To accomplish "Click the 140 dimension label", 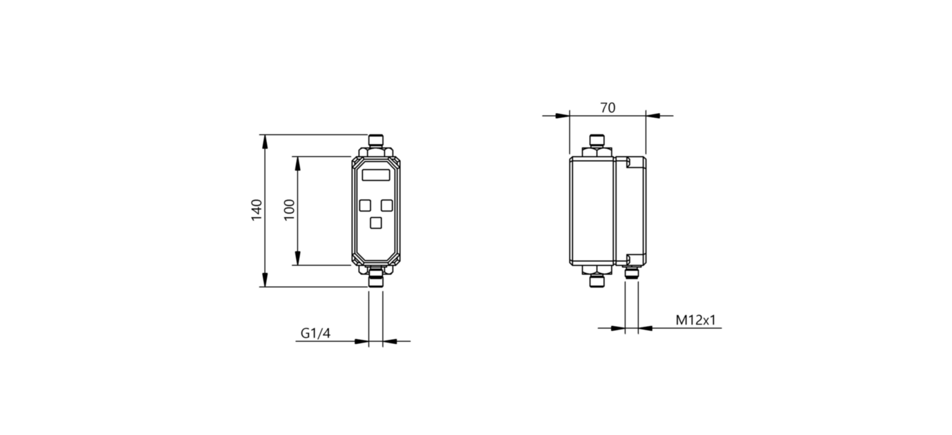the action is [x=257, y=210].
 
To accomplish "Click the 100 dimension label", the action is [x=289, y=210].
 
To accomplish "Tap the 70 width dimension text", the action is [x=608, y=108].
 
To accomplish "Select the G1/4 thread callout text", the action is [x=315, y=333].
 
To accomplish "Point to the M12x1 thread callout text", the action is [x=696, y=320].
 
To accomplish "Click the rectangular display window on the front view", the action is [x=376, y=174].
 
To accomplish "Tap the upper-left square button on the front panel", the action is [x=365, y=205].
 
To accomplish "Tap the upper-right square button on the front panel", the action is [x=387, y=205].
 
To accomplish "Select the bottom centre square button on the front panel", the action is [x=376, y=223].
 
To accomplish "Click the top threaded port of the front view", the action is [x=376, y=140].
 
